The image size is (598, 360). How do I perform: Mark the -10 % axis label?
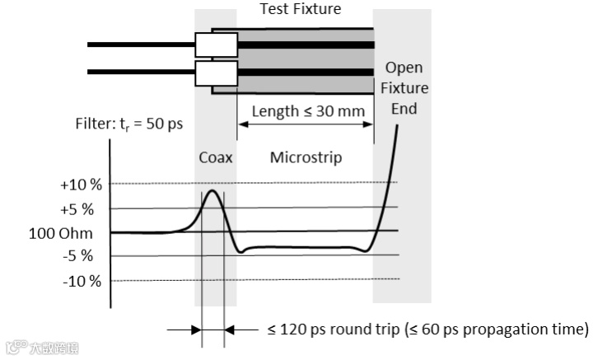(x=80, y=280)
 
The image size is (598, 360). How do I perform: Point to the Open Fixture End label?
(x=403, y=88)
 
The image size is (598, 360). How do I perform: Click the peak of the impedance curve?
(x=213, y=191)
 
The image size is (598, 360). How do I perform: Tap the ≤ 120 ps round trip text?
(x=335, y=330)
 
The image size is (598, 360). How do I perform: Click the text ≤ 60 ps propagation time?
(x=497, y=330)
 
